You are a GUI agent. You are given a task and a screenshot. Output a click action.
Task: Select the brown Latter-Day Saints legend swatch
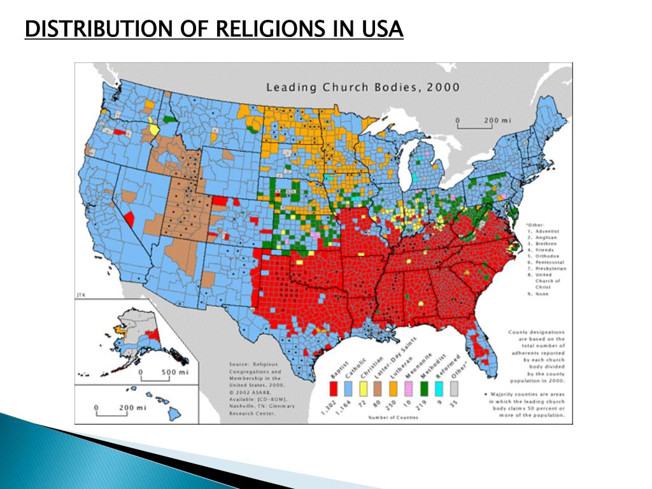[379, 388]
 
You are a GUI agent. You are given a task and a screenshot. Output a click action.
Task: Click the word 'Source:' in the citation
[239, 365]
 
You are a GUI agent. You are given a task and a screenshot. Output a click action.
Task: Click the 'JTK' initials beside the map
[80, 295]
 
